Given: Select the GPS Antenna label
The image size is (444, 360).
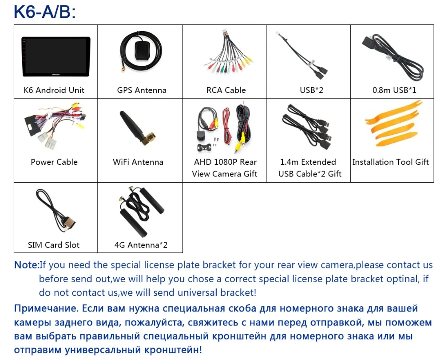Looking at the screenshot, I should coord(142,90).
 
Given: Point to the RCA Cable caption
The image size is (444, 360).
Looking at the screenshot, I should coord(226,90).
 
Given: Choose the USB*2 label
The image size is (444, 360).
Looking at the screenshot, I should coord(311,90).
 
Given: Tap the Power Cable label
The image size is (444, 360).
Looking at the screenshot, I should coord(54,162).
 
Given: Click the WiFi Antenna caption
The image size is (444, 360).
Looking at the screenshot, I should coord(138,162).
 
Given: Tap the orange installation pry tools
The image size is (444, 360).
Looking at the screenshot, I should coord(391,124).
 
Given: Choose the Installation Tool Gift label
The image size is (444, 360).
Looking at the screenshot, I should coord(391,162).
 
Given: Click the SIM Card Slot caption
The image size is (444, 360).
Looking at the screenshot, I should coord(53,245).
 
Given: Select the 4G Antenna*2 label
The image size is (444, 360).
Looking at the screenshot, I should coord(141,245).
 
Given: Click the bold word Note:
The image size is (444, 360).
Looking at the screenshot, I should coord(27,265).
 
